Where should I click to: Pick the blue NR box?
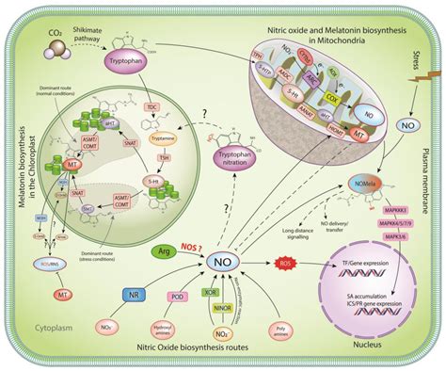(x=134, y=295)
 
